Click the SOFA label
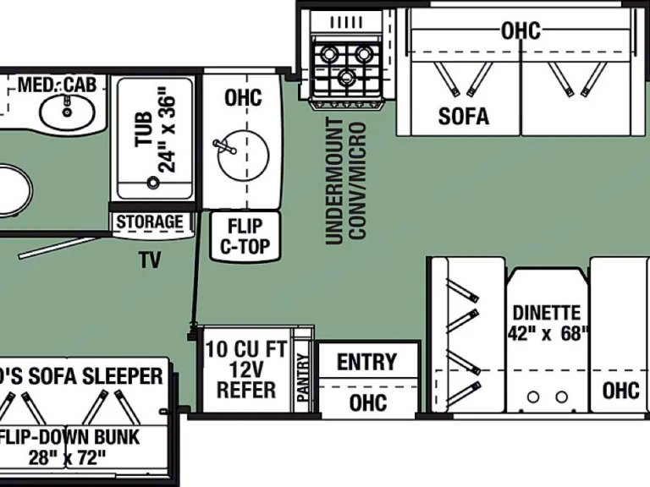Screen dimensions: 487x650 [463, 116]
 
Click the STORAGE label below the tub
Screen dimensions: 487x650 [150, 222]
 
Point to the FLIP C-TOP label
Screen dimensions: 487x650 [244, 236]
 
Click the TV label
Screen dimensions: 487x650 [150, 261]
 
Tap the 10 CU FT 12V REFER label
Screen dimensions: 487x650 [246, 369]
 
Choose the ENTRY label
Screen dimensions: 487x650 [366, 362]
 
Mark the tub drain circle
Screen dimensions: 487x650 [154, 181]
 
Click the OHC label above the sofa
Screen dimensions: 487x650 [521, 31]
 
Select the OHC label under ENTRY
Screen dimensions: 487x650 [367, 402]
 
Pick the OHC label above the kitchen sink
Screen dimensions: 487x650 [243, 97]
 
